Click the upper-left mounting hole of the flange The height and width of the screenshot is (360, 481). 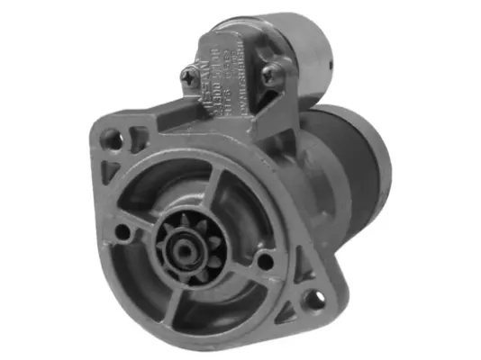(x=111, y=138)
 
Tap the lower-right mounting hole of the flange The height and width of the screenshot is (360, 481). (x=314, y=298)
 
